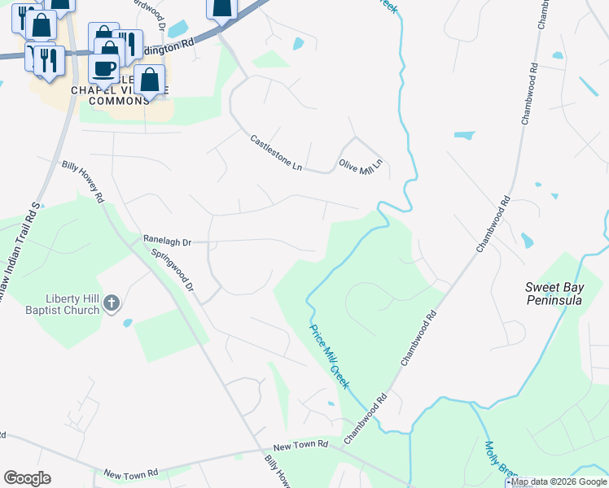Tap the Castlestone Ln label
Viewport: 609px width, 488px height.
point(276,153)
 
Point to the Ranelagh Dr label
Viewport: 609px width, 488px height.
point(167,242)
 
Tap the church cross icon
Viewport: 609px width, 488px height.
point(112,304)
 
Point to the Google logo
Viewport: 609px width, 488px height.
point(27,478)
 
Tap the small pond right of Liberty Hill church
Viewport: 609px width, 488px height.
point(128,323)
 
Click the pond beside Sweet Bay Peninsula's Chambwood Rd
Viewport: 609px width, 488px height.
point(527,241)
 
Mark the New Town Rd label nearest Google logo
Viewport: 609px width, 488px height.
point(130,473)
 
